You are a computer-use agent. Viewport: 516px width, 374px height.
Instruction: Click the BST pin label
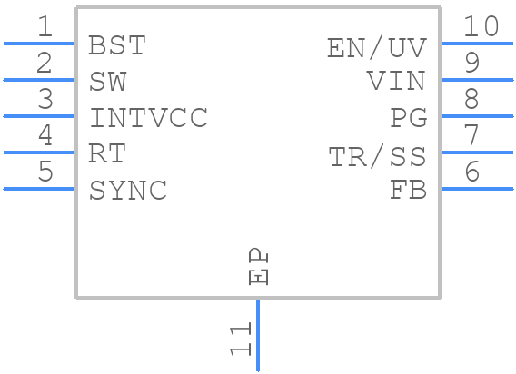(x=117, y=45)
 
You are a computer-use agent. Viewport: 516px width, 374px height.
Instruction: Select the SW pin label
(x=108, y=82)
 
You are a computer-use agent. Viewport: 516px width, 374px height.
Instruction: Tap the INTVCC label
(x=148, y=118)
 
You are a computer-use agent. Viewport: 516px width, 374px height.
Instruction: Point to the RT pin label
(x=106, y=153)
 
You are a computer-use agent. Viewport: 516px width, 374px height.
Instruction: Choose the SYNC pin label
(x=127, y=191)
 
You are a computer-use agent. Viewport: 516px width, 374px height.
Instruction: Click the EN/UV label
(x=376, y=47)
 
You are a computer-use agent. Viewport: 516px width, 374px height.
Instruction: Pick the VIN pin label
(x=396, y=82)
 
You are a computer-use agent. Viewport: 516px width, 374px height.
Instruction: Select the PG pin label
(x=408, y=118)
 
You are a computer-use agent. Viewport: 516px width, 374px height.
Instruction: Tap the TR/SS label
(x=377, y=156)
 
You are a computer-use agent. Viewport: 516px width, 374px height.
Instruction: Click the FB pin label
(x=408, y=191)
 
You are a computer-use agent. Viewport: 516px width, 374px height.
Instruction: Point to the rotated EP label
(x=259, y=268)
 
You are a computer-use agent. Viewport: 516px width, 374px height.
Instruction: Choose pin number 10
(x=481, y=27)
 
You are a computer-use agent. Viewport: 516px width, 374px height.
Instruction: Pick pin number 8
(x=471, y=99)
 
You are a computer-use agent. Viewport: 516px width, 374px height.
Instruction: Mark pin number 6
(x=471, y=172)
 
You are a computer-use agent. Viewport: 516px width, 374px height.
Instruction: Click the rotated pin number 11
(x=240, y=340)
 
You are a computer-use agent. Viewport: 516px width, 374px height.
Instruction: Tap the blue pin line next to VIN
(x=476, y=80)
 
